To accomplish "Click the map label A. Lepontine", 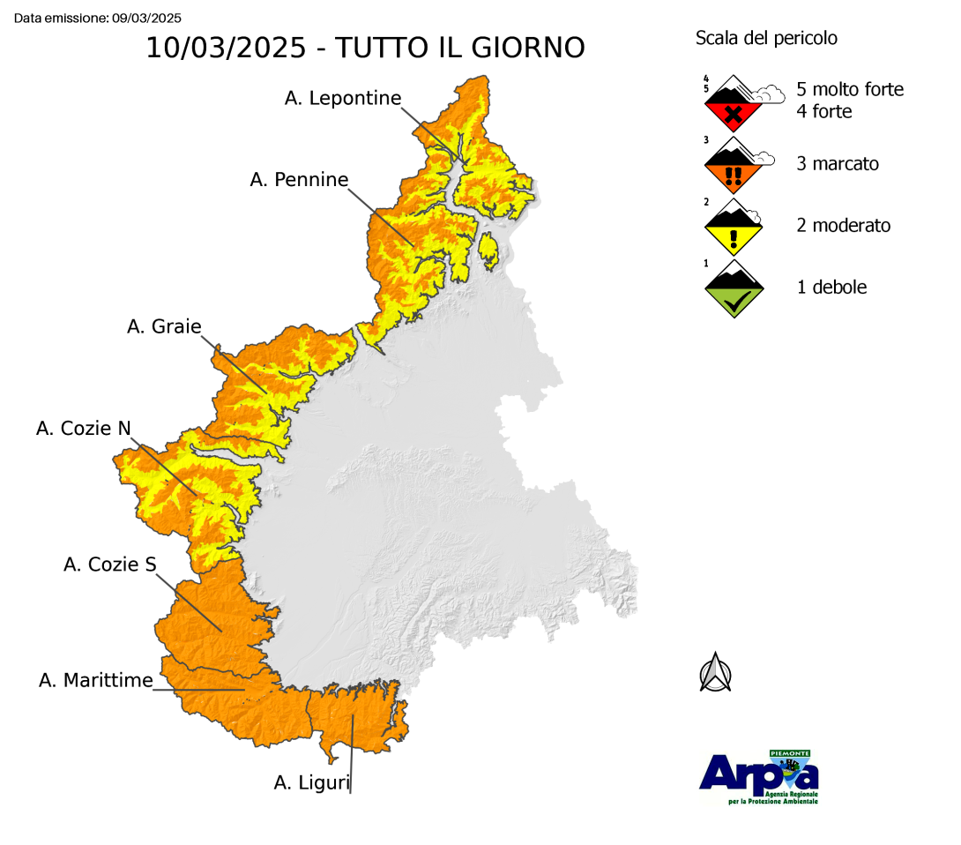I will pos(343,99).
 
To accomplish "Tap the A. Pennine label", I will pos(299,180).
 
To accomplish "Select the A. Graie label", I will pos(164,327).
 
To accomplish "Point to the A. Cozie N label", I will pos(84,429).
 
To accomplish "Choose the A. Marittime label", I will pos(96,680).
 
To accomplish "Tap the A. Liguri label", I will pos(312,781).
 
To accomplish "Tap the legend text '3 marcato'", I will pos(838,164).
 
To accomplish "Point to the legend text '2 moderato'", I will pos(844,226).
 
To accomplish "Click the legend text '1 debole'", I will pos(831,288).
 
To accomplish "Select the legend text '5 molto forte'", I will pos(850,90).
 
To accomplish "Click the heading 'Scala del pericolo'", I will pos(766,38).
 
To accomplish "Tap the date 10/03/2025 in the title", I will pos(226,48).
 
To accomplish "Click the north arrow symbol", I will pos(716,672).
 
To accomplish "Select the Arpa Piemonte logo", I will pos(759,777).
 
